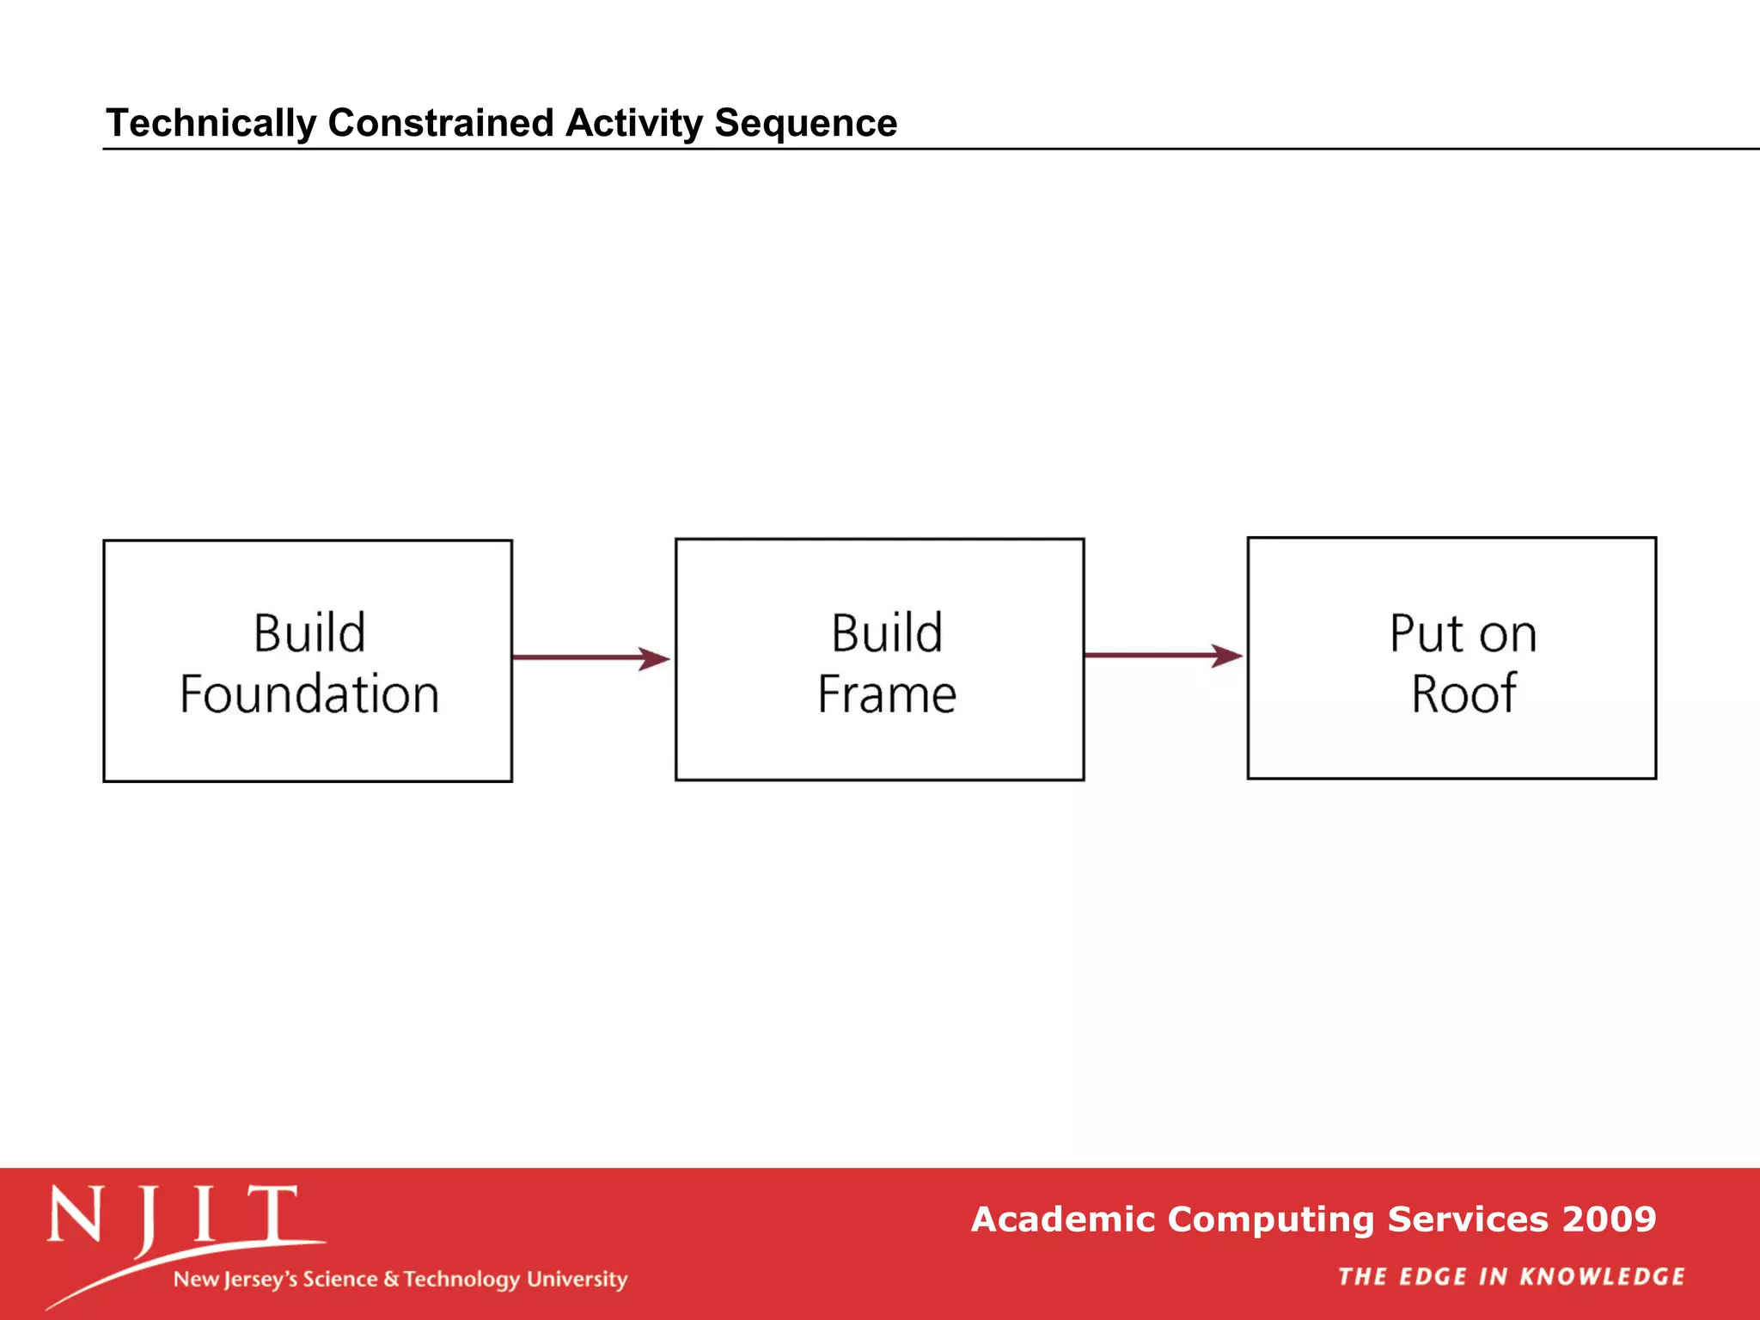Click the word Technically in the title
(x=211, y=123)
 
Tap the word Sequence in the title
(x=805, y=123)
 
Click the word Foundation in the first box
(x=309, y=694)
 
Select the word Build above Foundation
(x=309, y=633)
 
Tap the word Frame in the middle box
(x=887, y=694)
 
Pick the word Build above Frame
(x=887, y=633)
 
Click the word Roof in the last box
(x=1464, y=694)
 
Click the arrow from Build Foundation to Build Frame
(x=591, y=658)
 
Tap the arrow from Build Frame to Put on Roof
(x=1164, y=656)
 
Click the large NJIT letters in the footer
(x=172, y=1214)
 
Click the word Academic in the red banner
(x=1063, y=1219)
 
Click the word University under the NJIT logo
(x=577, y=1280)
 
